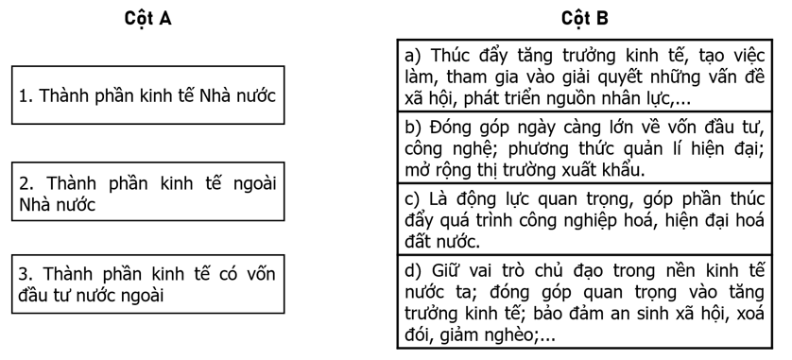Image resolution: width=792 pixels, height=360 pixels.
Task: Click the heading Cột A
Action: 147,19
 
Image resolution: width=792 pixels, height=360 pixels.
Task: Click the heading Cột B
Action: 585,19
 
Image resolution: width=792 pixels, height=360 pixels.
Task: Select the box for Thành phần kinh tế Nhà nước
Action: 147,95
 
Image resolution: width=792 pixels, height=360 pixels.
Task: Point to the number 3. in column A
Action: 27,273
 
